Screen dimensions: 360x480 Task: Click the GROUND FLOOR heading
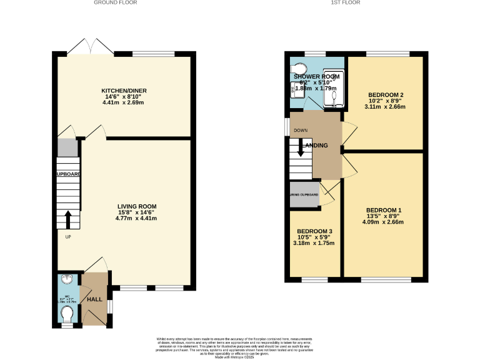point(116,2)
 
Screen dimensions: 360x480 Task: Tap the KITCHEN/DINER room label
point(124,91)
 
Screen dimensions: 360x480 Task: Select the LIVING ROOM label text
point(137,206)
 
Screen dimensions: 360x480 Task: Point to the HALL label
point(94,299)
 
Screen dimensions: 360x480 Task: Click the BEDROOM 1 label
point(384,210)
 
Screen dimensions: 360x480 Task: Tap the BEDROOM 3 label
point(314,231)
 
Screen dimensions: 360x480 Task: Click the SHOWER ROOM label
point(316,76)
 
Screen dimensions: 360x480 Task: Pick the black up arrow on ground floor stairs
point(67,219)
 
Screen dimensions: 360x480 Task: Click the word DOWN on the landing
point(301,130)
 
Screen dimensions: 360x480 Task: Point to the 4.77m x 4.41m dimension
point(137,219)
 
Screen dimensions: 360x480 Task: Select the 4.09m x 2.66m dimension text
point(384,222)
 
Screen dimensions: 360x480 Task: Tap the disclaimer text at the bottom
point(240,347)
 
